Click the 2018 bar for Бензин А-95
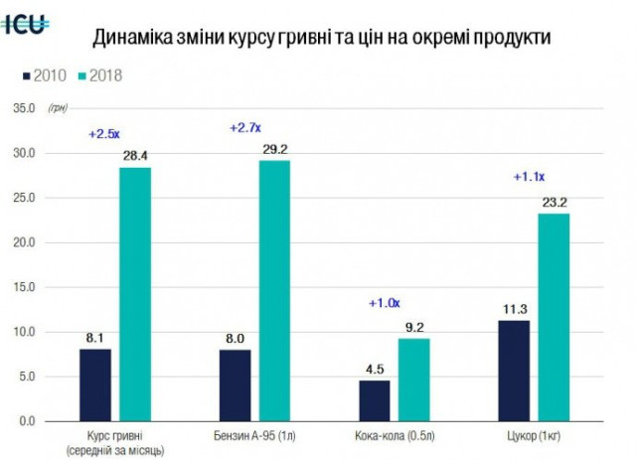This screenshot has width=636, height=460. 274,290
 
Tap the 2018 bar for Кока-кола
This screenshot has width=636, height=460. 414,380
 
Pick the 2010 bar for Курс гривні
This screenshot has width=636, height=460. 95,384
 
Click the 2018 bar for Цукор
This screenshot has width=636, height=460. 554,317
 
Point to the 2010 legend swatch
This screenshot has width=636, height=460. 25,75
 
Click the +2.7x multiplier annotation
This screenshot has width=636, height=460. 244,128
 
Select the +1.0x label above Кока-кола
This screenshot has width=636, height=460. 385,303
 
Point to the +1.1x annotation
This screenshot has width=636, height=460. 528,177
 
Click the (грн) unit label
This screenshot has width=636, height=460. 57,108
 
